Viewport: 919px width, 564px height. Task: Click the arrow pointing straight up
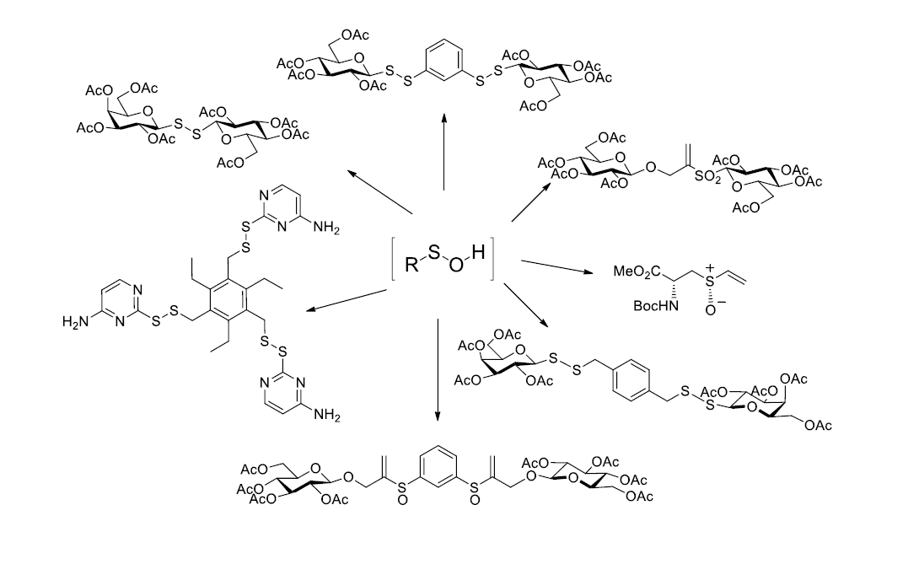click(443, 152)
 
